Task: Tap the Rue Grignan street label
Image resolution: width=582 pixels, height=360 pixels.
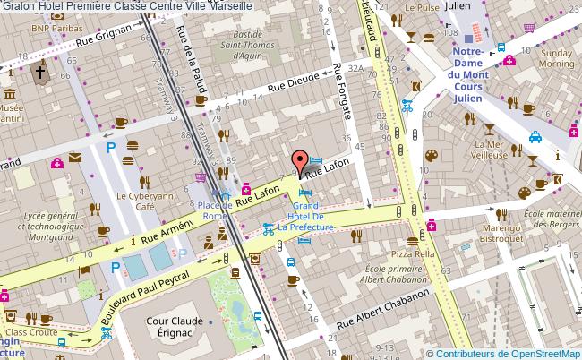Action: pos(107,36)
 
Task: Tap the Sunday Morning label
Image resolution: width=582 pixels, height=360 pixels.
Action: pos(557,59)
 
